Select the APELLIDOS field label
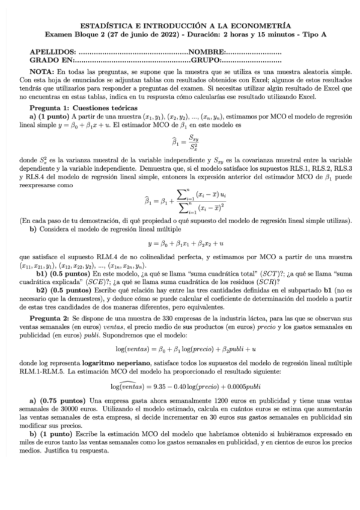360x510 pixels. click(53, 53)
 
